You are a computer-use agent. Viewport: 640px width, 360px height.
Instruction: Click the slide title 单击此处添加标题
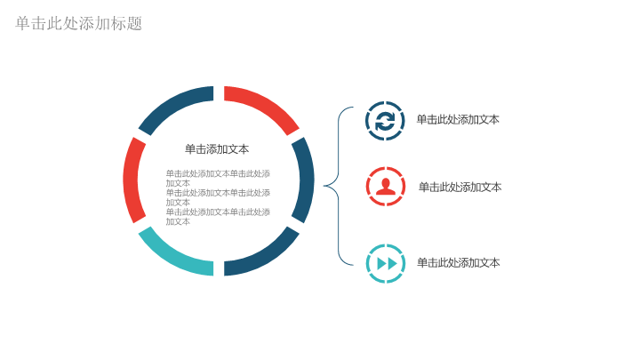(79, 23)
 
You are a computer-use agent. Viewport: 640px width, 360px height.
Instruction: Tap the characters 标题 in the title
(126, 23)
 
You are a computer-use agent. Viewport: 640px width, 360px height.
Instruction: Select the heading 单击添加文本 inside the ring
(217, 149)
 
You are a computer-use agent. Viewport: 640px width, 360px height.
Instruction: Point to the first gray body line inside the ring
(218, 174)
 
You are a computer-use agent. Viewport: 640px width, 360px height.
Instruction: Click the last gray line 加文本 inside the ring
(178, 221)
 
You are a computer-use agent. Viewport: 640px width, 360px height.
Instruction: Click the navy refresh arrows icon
(385, 121)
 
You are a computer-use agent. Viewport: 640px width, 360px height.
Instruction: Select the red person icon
(386, 187)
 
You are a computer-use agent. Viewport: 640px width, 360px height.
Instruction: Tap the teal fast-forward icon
(386, 264)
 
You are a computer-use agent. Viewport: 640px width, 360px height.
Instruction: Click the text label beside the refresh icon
(458, 120)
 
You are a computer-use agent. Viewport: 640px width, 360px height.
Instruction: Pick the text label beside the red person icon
(460, 187)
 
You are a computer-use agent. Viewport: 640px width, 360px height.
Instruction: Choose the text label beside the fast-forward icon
(459, 262)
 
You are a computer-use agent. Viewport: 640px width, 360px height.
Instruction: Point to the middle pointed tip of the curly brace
(324, 186)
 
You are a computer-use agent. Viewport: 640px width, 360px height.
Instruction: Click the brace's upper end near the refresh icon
(353, 108)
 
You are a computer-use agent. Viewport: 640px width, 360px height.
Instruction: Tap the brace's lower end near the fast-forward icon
(353, 265)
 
